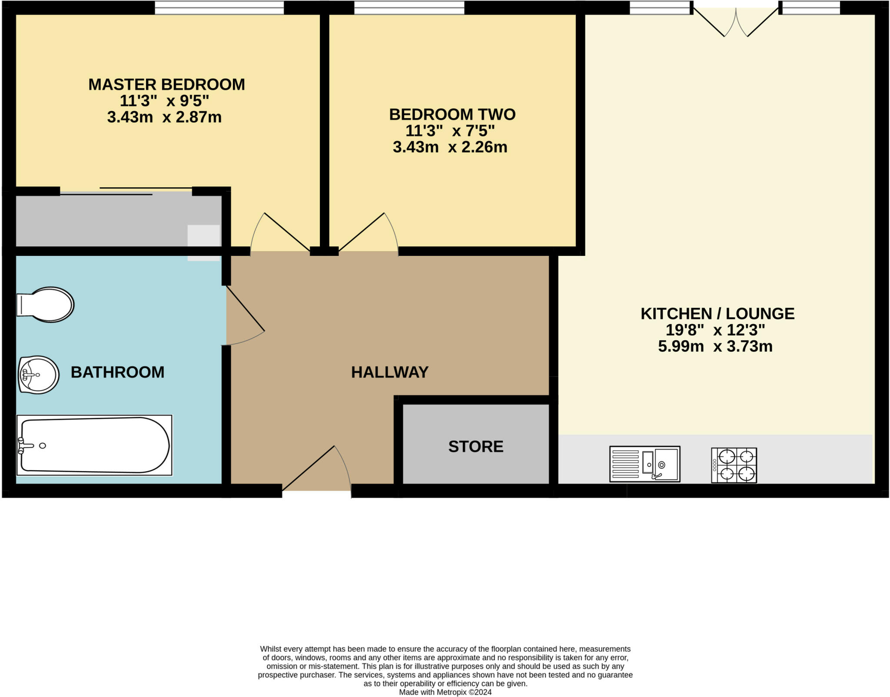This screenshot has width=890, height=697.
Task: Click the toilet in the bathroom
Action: [x=46, y=304]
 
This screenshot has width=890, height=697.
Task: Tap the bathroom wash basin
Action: [x=38, y=375]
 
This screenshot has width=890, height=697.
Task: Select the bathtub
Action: [x=94, y=445]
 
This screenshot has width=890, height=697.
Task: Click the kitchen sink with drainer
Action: [x=644, y=464]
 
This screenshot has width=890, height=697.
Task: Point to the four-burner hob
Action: [x=734, y=465]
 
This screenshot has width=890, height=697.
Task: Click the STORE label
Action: [x=475, y=446]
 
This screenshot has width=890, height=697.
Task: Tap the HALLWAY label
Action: [x=389, y=372]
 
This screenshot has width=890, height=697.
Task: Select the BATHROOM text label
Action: [x=117, y=372]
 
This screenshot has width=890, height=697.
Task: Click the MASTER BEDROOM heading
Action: [x=166, y=84]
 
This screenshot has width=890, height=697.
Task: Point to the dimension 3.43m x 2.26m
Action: [x=450, y=147]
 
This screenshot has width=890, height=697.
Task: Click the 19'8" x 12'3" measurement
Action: [x=715, y=330]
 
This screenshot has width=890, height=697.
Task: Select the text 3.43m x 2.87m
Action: [x=164, y=117]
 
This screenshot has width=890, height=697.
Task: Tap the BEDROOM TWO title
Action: [x=452, y=114]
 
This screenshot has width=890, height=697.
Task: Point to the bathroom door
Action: [x=244, y=315]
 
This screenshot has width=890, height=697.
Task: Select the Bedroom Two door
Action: [x=367, y=232]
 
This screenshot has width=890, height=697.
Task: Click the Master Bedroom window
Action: [x=219, y=7]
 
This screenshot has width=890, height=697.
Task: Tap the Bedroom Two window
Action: [x=409, y=7]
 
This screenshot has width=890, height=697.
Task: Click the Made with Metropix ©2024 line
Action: [x=445, y=692]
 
